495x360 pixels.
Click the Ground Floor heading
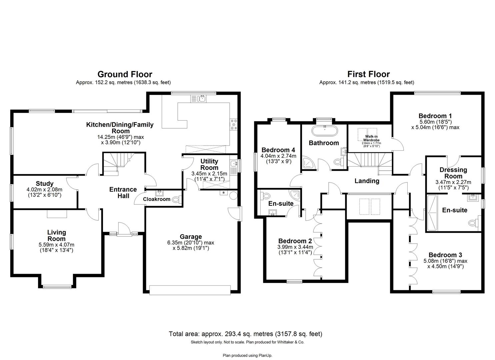125,74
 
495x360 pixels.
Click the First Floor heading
368,74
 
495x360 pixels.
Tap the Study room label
45,184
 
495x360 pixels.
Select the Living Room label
56,235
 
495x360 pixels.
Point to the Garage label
191,237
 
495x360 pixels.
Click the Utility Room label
209,165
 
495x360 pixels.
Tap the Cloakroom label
157,199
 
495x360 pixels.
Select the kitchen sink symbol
199,98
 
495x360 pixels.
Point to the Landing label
367,181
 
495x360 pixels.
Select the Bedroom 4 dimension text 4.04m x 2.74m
278,156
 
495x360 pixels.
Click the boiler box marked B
223,193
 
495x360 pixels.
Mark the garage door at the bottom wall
190,290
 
